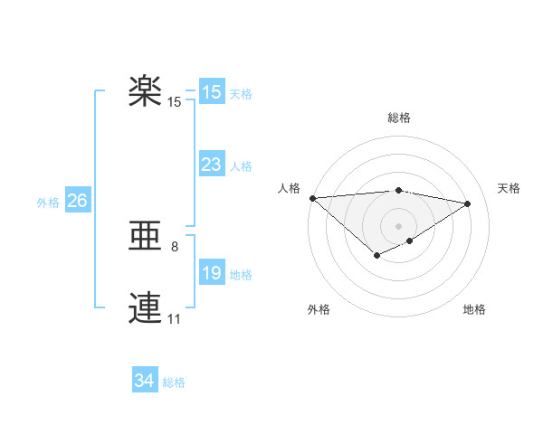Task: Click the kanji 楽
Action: pyautogui.click(x=145, y=91)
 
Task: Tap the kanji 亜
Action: pyautogui.click(x=145, y=237)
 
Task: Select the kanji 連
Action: pyautogui.click(x=145, y=308)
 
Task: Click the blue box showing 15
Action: pyautogui.click(x=211, y=92)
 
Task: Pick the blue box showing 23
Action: pyautogui.click(x=211, y=165)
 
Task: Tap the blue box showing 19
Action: pyautogui.click(x=211, y=273)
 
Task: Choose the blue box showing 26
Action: pyautogui.click(x=77, y=201)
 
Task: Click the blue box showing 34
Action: pyautogui.click(x=144, y=382)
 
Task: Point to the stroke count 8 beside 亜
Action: pyautogui.click(x=175, y=246)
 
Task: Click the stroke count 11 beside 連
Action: pyautogui.click(x=174, y=318)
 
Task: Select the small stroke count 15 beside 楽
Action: pyautogui.click(x=174, y=102)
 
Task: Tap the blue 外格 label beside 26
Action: pyautogui.click(x=48, y=203)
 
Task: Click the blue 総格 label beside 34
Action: pyautogui.click(x=174, y=383)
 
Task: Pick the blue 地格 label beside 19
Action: pyautogui.click(x=241, y=275)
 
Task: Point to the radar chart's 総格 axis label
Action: pyautogui.click(x=398, y=118)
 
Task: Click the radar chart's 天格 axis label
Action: pyautogui.click(x=509, y=188)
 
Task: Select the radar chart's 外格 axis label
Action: pyautogui.click(x=319, y=310)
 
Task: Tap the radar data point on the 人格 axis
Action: pyautogui.click(x=312, y=198)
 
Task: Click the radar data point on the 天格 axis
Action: pyautogui.click(x=468, y=203)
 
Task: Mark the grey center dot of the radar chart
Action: pyautogui.click(x=398, y=226)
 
